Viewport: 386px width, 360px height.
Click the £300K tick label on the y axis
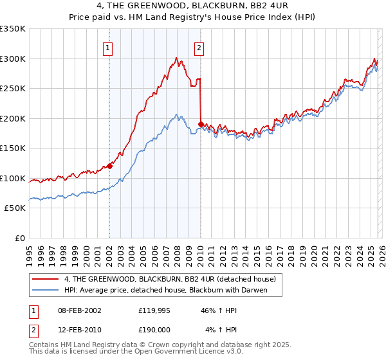point(12,59)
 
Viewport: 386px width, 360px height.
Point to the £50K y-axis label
point(14,208)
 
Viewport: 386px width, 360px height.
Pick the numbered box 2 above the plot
point(199,48)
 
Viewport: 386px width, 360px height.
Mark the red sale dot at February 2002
point(109,166)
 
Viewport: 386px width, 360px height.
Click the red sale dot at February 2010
point(201,124)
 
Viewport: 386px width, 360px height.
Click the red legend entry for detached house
point(170,278)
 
